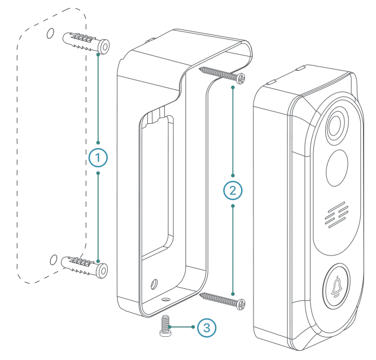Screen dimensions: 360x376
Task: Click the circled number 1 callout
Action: [98, 158]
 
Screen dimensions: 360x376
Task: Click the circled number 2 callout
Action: [233, 190]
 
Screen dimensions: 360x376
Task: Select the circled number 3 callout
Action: [206, 327]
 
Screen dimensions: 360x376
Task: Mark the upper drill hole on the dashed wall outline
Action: [50, 34]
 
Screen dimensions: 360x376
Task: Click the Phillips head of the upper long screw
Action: [242, 80]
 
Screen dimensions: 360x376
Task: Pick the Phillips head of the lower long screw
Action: [242, 304]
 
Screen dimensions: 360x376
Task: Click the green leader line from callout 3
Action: [183, 327]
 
